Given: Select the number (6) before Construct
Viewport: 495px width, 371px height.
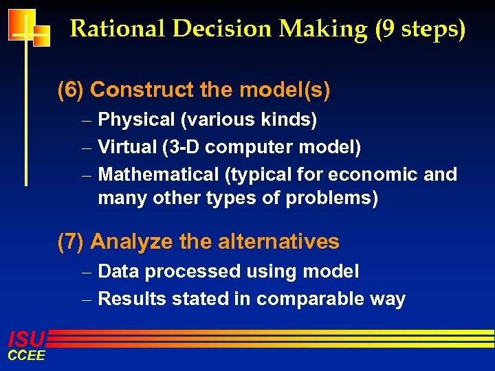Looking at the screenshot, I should [x=71, y=89].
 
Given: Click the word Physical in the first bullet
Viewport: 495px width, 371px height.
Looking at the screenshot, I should [x=137, y=120].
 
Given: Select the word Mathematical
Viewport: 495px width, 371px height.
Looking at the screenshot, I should [x=158, y=175].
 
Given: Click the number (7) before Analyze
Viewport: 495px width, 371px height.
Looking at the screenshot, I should [x=71, y=242].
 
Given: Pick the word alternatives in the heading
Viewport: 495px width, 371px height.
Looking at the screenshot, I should [x=278, y=242].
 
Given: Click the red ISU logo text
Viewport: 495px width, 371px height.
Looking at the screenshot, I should [x=26, y=339].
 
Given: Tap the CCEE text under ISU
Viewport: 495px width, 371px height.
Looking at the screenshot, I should [x=26, y=355].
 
